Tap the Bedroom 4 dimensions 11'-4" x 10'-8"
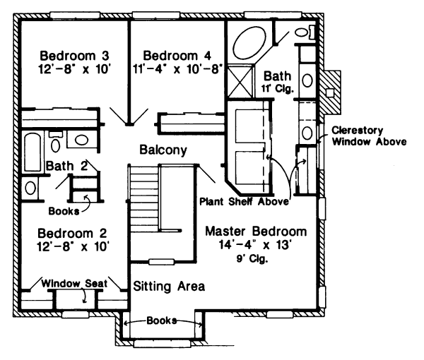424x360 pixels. click(x=182, y=69)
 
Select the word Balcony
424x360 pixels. click(x=163, y=150)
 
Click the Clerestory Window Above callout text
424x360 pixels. click(x=367, y=136)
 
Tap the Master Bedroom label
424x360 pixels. click(x=255, y=232)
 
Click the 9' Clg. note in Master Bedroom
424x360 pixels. click(x=256, y=258)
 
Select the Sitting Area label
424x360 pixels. click(x=169, y=286)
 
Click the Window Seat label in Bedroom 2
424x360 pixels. click(x=73, y=283)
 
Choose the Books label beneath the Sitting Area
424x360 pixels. click(x=162, y=320)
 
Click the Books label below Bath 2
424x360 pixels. click(x=62, y=210)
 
